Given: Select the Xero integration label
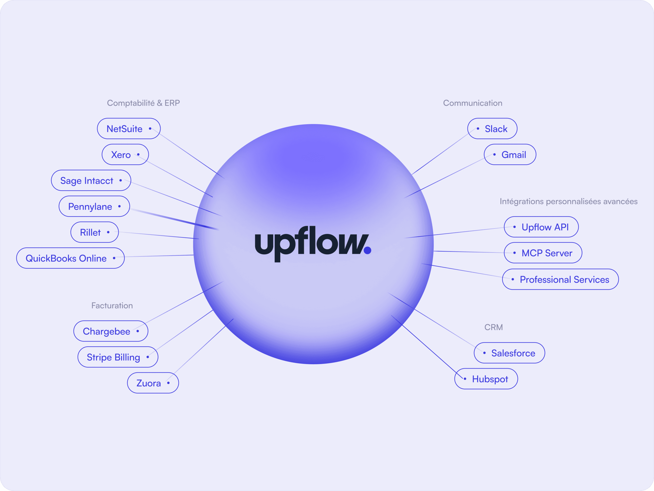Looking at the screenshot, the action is [x=125, y=154].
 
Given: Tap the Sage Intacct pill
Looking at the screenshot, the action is [x=91, y=180].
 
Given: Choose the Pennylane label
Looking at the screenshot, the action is [x=94, y=206].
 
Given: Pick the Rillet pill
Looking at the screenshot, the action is [x=95, y=232].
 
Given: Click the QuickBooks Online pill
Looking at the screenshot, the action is [x=70, y=258].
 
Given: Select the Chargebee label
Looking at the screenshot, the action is [x=111, y=331].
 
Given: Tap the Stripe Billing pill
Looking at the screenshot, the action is [x=118, y=357].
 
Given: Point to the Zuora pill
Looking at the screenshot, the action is [x=153, y=383].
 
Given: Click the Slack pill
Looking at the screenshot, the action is [x=492, y=129].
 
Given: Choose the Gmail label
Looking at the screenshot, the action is [x=510, y=154].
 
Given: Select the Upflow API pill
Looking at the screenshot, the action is [x=541, y=227].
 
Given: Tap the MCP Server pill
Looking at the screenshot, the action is [x=543, y=253].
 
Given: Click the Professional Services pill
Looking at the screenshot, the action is [x=560, y=279].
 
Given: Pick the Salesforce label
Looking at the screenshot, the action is [x=509, y=353].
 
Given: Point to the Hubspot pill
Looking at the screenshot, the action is [x=486, y=379].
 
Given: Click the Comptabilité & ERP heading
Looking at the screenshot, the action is [x=143, y=103].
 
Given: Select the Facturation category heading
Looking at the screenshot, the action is [x=112, y=306].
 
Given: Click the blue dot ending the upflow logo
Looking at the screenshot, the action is [x=368, y=250].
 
